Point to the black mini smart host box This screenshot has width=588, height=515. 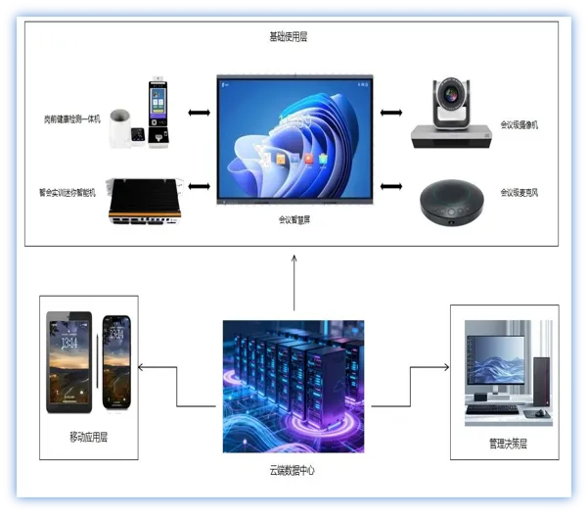tap(147, 199)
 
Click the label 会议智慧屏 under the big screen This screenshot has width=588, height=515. tap(294, 220)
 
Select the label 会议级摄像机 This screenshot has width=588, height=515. tap(520, 125)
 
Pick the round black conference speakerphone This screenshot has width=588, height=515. tap(452, 202)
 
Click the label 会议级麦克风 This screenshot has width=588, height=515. tap(520, 193)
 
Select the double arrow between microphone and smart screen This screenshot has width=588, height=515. tap(393, 186)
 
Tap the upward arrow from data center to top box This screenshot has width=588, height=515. tap(294, 284)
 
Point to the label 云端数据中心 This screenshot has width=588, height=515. tap(294, 471)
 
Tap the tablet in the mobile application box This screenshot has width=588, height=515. tap(69, 363)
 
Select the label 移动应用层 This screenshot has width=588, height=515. tap(88, 437)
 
